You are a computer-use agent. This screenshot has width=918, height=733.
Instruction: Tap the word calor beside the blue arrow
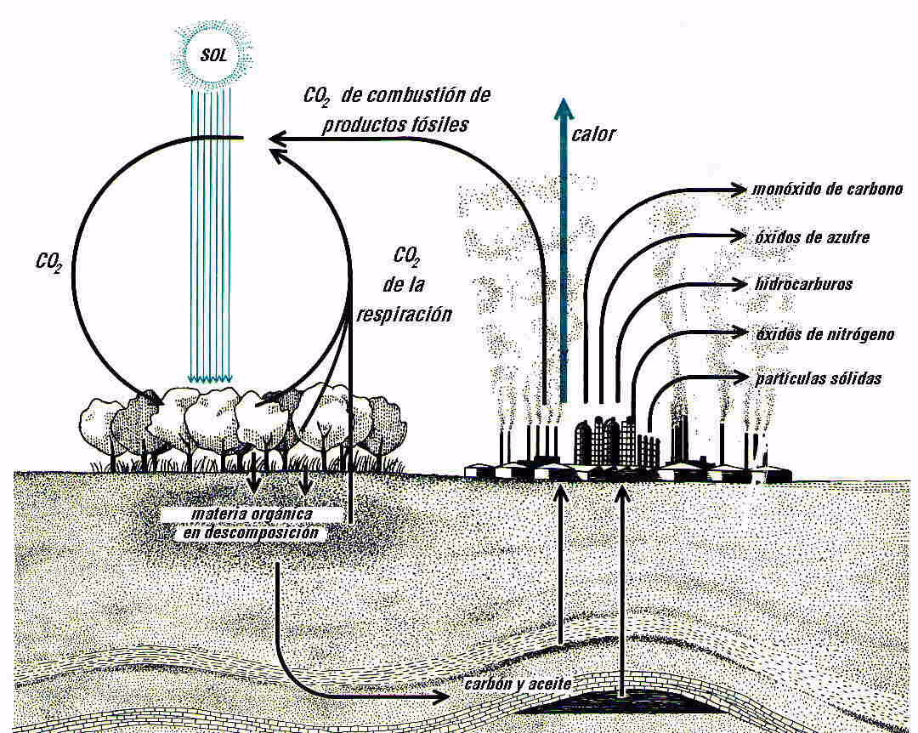pos(594,134)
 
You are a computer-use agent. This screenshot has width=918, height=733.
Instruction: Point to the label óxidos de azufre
pos(812,236)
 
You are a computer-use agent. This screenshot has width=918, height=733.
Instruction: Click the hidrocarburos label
pos(802,283)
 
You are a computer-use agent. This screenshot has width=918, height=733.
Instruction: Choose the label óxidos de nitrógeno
pos(824,334)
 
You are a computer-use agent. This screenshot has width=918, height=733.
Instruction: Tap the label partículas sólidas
pos(819,378)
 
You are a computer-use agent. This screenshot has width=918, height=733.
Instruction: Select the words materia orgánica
pos(253,515)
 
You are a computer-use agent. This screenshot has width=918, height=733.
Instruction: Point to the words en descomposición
pos(252,533)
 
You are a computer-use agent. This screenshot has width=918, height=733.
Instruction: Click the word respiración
pos(404,313)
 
